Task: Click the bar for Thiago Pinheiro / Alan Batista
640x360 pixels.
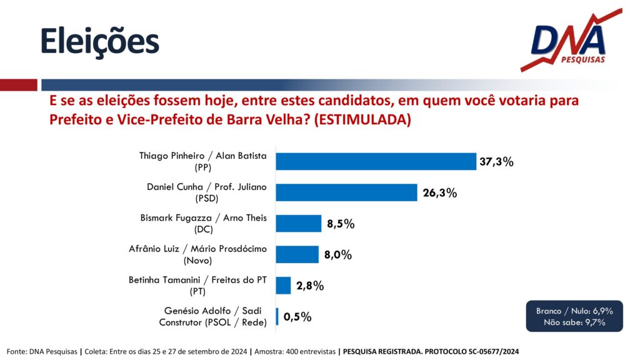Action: point(376,161)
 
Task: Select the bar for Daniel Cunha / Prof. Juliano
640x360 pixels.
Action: point(346,192)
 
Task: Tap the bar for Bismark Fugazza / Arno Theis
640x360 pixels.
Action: point(298,223)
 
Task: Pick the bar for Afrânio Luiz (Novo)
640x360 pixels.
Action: point(297,254)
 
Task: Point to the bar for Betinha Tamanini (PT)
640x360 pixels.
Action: point(283,285)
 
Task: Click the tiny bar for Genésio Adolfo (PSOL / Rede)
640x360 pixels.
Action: point(277,316)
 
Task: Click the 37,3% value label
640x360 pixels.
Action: point(496,162)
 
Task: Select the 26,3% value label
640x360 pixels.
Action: point(439,192)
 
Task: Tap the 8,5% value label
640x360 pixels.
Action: point(341,224)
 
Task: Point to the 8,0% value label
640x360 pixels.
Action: point(338,255)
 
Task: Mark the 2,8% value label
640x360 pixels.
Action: point(310,286)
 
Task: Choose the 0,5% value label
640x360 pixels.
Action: point(297,317)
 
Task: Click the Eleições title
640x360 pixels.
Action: point(100,42)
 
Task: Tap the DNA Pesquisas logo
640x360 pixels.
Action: point(571,41)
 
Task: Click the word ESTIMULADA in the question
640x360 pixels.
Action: point(362,120)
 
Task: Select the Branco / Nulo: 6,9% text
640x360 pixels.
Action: point(574,311)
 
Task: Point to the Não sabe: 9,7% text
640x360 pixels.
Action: point(574,322)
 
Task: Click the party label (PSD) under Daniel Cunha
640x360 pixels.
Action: point(206,199)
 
